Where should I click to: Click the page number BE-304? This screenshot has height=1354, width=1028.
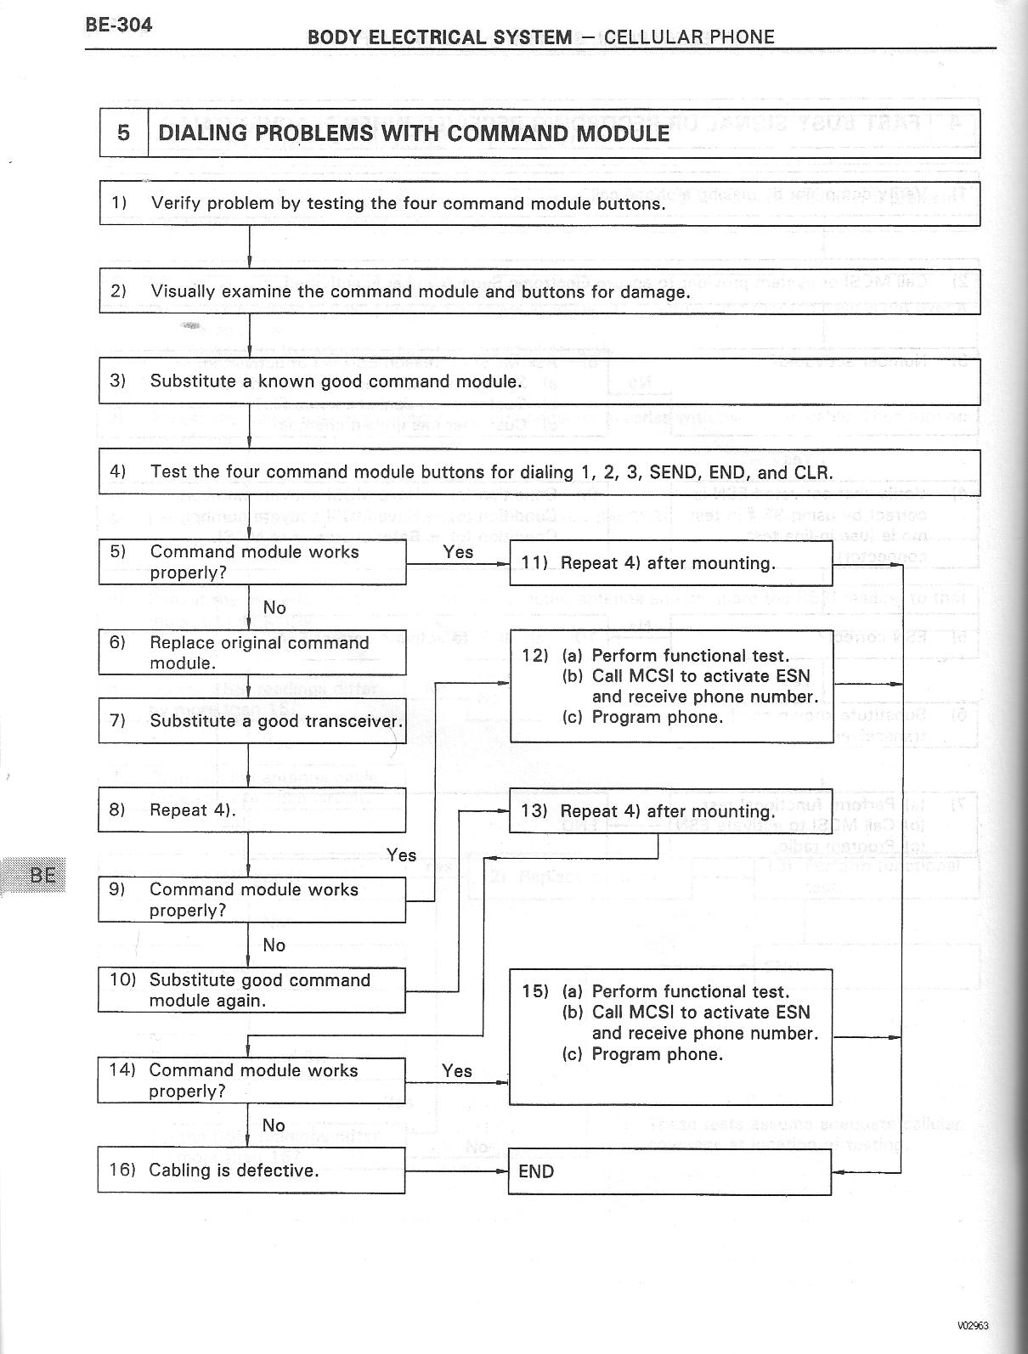(x=118, y=25)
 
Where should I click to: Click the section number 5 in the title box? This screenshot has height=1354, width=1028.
(x=124, y=133)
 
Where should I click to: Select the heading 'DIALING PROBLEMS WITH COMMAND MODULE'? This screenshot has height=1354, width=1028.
(x=414, y=133)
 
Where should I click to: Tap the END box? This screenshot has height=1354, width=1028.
(x=669, y=1172)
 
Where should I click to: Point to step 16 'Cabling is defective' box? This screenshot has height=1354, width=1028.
(x=251, y=1171)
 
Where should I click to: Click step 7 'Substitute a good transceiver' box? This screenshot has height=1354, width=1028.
(x=251, y=721)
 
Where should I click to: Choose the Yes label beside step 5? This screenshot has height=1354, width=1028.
(x=458, y=552)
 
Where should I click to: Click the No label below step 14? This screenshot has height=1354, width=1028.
(x=274, y=1126)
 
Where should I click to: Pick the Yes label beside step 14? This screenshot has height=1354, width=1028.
(x=456, y=1071)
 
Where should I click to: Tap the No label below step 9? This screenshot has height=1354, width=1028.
(x=274, y=945)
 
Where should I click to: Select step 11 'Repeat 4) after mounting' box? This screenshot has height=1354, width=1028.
(x=670, y=563)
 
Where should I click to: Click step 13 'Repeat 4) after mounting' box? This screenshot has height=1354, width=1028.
(x=670, y=811)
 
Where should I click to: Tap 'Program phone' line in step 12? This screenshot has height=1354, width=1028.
(x=642, y=717)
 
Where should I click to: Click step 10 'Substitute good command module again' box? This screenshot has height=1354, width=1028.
(x=251, y=990)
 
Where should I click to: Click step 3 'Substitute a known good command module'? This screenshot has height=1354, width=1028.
(x=336, y=381)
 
